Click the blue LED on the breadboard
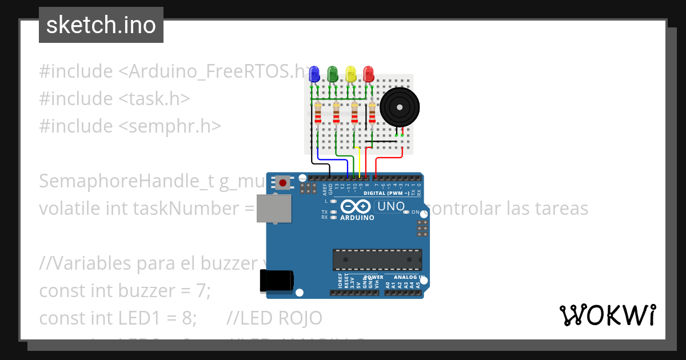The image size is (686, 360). tap(313, 74)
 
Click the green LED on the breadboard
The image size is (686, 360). tap(332, 74)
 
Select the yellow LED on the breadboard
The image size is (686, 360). tap(350, 74)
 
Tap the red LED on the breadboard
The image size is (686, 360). tap(368, 74)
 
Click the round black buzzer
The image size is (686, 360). tap(400, 106)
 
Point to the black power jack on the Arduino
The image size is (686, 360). tap(277, 281)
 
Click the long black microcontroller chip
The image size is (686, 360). tap(377, 259)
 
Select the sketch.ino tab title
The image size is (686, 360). tap(101, 25)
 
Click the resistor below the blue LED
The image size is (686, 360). tap(318, 115)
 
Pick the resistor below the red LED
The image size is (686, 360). tap(373, 115)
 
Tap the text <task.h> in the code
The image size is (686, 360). tap(154, 99)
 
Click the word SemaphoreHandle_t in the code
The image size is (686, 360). tap(126, 181)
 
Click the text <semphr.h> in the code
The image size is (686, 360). tap(170, 126)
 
